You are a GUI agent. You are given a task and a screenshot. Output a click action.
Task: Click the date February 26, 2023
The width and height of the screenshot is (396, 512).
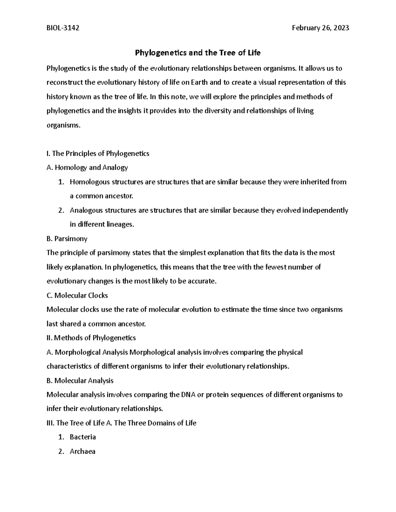[320, 28]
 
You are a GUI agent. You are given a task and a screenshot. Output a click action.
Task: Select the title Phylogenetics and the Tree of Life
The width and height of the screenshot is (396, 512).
[198, 53]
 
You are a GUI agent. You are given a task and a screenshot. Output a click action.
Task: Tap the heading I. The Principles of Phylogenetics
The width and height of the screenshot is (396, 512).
[98, 153]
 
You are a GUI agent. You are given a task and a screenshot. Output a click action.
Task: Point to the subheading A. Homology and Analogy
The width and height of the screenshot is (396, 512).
[87, 167]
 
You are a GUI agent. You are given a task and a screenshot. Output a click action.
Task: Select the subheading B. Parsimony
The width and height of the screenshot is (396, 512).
[67, 238]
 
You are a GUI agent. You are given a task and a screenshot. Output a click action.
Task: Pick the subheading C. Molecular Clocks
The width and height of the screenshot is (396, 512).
[77, 295]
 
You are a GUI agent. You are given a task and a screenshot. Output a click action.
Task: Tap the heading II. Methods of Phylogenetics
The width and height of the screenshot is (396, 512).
[91, 338]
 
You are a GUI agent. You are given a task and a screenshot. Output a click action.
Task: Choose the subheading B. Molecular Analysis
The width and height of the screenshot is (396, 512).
[80, 380]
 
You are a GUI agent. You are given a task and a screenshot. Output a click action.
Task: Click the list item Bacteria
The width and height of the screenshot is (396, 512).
[83, 437]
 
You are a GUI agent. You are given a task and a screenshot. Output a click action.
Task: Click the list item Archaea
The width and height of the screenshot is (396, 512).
[82, 451]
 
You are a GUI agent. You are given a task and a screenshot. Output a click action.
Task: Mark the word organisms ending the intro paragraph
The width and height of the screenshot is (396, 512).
[63, 125]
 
